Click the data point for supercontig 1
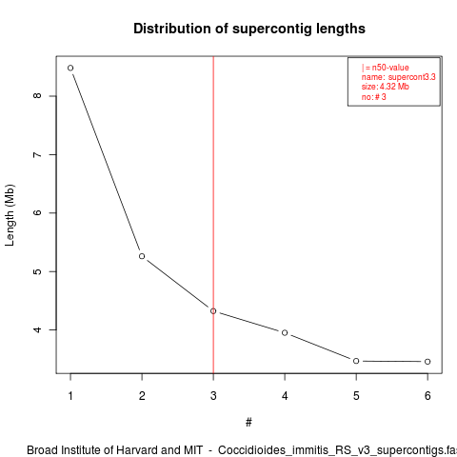[x=70, y=68]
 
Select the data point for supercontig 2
[x=142, y=256]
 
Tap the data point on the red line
[x=213, y=311]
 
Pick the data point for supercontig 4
[x=285, y=332]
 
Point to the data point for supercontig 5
[x=356, y=361]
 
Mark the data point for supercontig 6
[x=427, y=362]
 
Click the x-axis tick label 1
[x=70, y=396]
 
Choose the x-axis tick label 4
[x=285, y=396]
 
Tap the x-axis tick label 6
[x=427, y=396]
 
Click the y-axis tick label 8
[x=37, y=96]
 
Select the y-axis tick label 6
[x=37, y=212]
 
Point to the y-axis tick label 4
[x=37, y=329]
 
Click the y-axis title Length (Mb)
[x=10, y=215]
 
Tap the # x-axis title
[x=248, y=423]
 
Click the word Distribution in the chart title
[x=172, y=29]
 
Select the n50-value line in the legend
[x=385, y=68]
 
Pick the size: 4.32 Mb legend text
[x=385, y=87]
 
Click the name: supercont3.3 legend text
[x=398, y=77]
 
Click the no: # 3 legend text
[x=373, y=97]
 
